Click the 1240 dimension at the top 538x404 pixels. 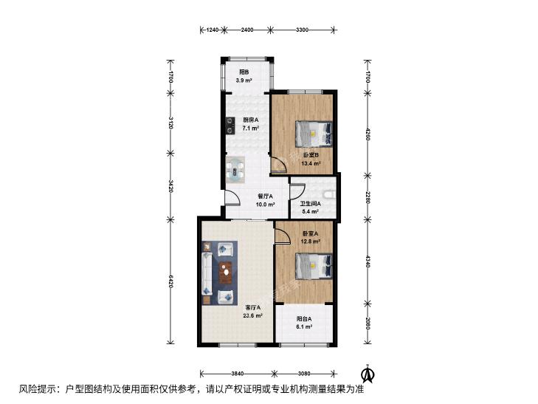click(213, 30)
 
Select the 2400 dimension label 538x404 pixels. click(247, 30)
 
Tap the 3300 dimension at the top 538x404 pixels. click(302, 30)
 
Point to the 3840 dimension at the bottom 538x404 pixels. click(237, 374)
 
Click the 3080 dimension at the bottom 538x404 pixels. click(304, 374)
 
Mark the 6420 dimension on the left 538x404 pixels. click(170, 281)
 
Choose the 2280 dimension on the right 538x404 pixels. click(368, 197)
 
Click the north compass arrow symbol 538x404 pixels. click(369, 373)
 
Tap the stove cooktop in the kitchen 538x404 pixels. click(230, 126)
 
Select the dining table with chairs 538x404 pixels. click(235, 170)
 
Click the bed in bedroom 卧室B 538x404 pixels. click(314, 134)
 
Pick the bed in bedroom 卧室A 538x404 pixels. click(314, 266)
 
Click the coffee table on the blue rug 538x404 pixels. click(225, 273)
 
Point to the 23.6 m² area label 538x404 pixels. click(253, 316)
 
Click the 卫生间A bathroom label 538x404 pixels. click(310, 204)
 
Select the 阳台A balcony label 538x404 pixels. click(304, 318)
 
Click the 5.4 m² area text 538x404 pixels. click(310, 211)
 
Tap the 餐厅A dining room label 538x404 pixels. click(265, 196)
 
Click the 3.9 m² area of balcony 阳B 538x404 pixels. click(244, 81)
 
